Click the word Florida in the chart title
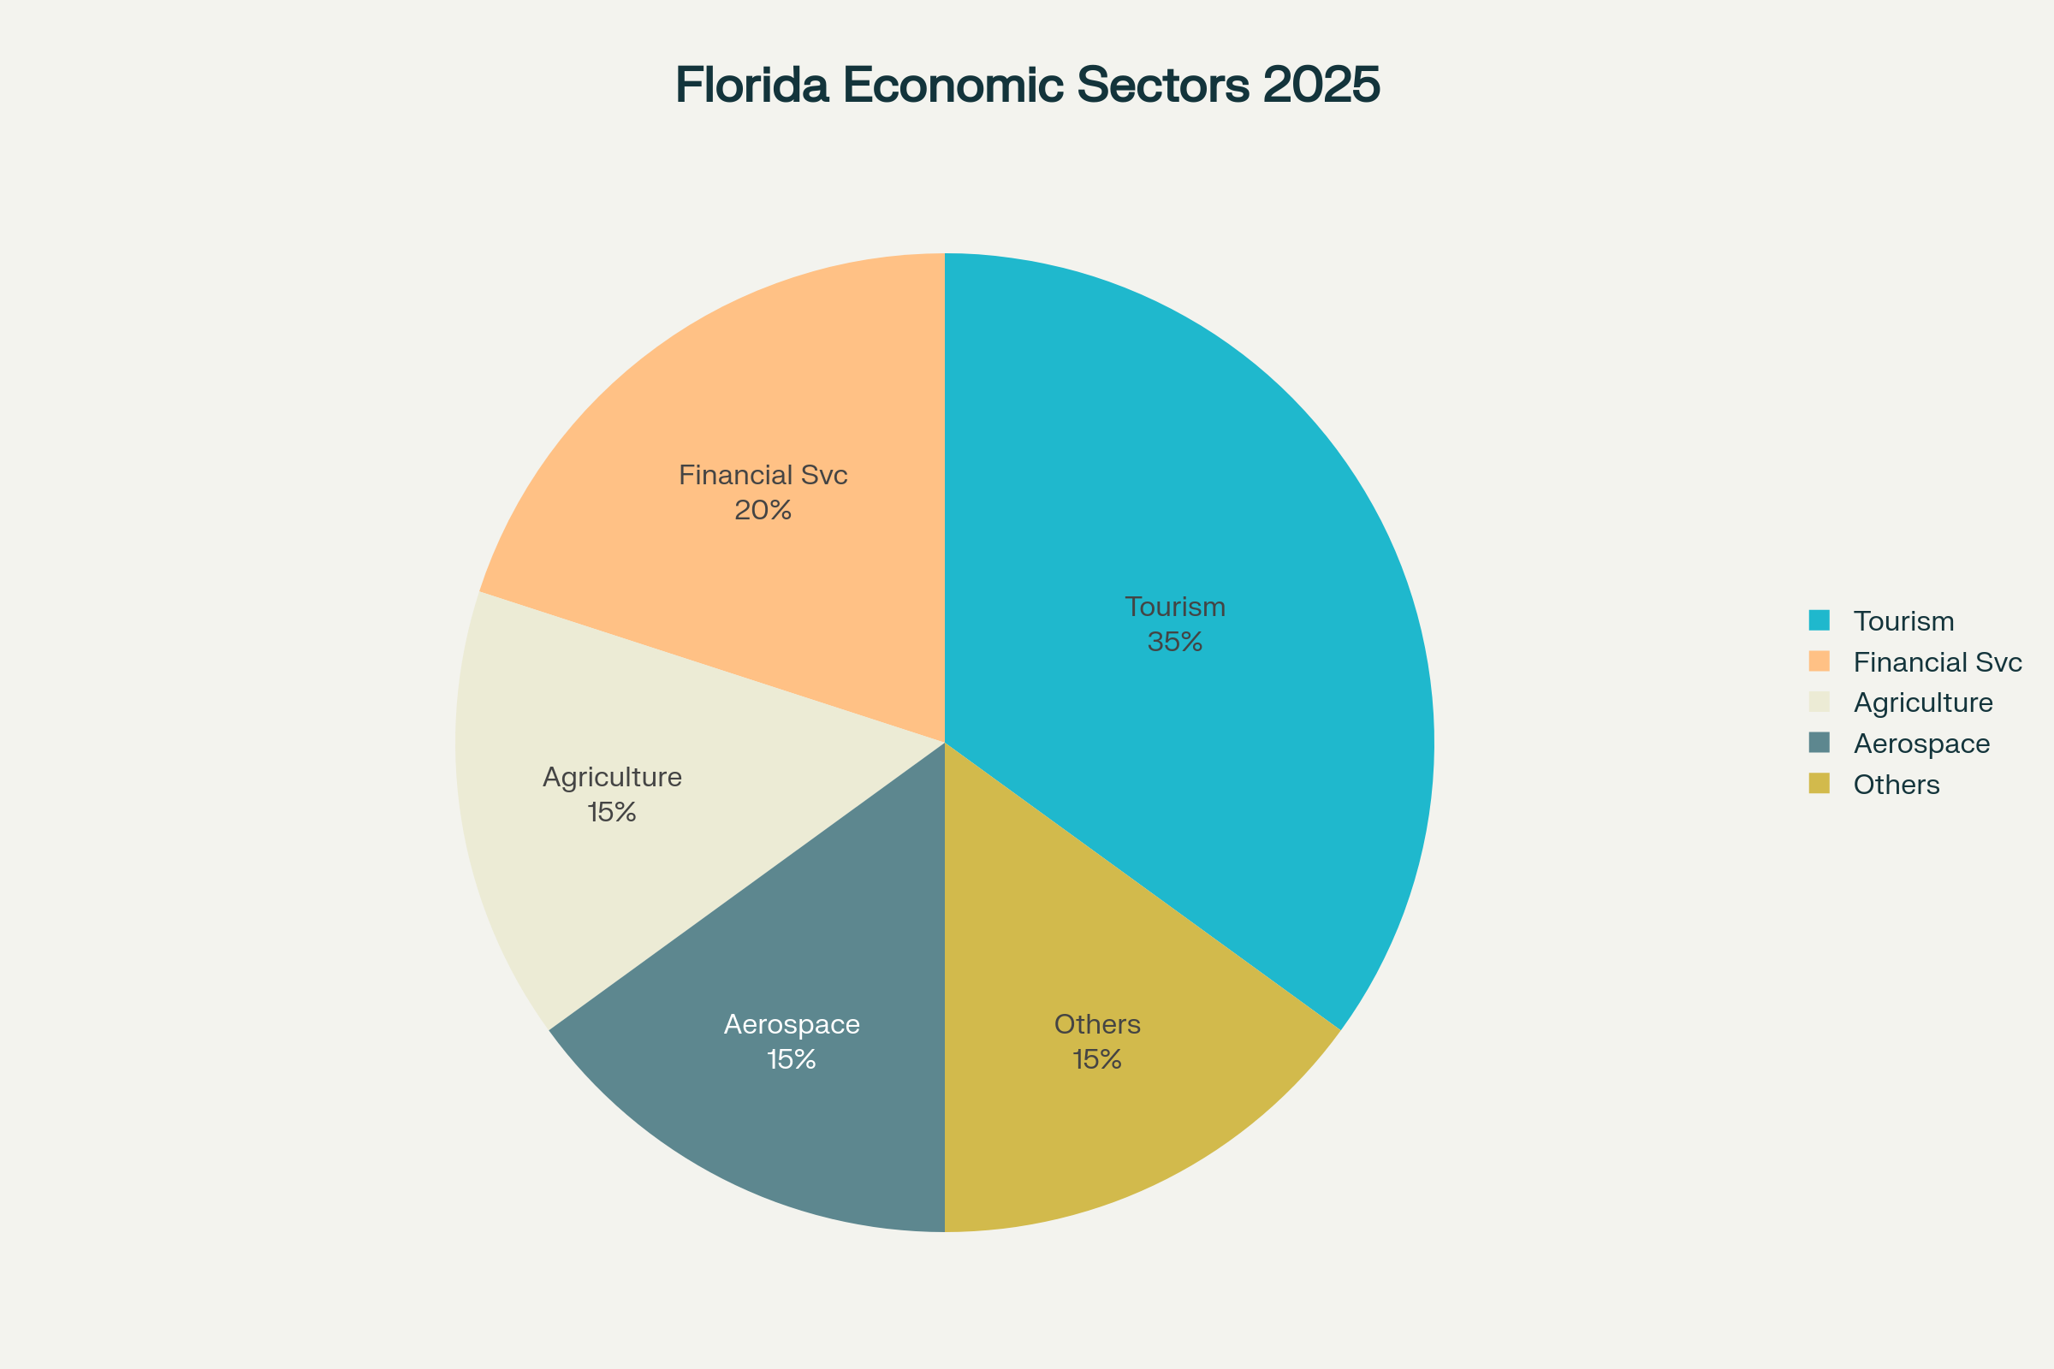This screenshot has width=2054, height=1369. [751, 86]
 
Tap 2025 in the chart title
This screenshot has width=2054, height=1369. [1321, 86]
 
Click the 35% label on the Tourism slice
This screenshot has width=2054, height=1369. [1174, 643]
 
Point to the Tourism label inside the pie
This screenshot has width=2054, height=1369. [1174, 607]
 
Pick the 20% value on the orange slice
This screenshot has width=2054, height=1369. [763, 511]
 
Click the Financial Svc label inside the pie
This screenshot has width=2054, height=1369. [763, 476]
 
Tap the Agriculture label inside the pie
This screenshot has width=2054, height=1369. [612, 777]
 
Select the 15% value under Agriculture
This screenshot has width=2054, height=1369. [612, 813]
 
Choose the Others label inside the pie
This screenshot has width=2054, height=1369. [1097, 1024]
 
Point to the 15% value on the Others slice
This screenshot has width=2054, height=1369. [1097, 1060]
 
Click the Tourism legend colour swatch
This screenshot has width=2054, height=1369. [1820, 619]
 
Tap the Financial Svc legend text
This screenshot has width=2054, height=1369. [1937, 662]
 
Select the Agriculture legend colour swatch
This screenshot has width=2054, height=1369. [1820, 702]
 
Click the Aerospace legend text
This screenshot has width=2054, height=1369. [1921, 744]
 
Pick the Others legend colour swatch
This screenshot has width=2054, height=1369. [1820, 783]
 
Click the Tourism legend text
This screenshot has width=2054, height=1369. [1903, 622]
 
